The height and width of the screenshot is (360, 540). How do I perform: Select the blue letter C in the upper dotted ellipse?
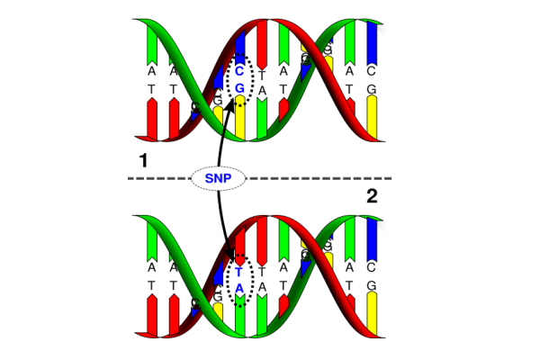pos(239,69)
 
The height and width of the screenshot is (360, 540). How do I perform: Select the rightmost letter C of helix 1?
pos(372,69)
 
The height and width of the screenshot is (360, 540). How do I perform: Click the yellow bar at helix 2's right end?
pos(372,319)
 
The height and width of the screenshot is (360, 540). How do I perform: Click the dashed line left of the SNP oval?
pos(157,178)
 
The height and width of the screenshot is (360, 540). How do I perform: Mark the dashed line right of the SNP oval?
pos(315,178)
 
